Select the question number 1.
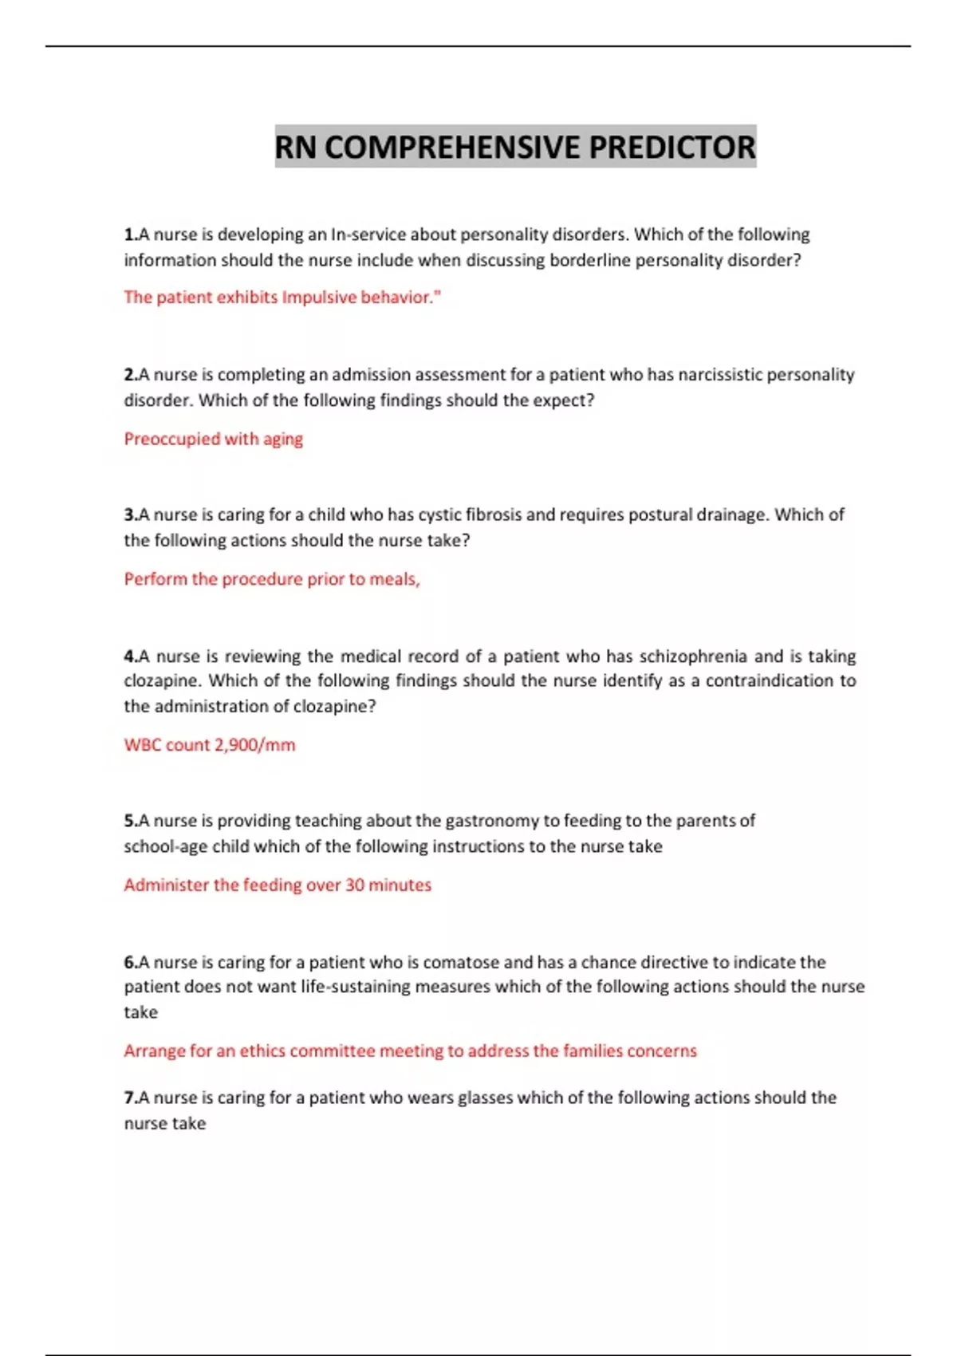tap(129, 235)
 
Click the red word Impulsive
tap(319, 298)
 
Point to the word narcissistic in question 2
tap(720, 375)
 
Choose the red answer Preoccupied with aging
tap(213, 439)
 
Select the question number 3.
tap(129, 514)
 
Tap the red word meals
tap(393, 579)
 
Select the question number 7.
tap(129, 1098)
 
